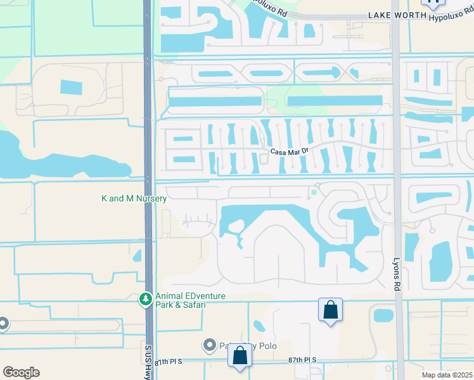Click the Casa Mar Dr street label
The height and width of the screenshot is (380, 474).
coord(288,151)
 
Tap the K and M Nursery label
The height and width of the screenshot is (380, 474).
coord(134,199)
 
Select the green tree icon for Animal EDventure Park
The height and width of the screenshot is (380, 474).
coord(146,298)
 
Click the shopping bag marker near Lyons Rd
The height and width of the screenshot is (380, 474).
coord(331,310)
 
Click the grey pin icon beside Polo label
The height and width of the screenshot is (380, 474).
coord(210,345)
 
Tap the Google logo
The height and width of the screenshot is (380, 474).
coord(21,372)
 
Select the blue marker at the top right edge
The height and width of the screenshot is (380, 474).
coord(434,3)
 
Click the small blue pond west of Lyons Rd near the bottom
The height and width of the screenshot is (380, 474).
coord(383,315)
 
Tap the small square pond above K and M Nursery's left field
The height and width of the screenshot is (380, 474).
coord(71,87)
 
